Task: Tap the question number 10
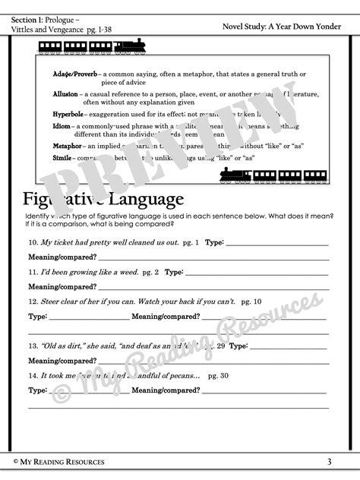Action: click(33, 242)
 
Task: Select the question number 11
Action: click(33, 271)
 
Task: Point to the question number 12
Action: click(33, 301)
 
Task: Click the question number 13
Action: click(33, 345)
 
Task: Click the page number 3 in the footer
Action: click(329, 461)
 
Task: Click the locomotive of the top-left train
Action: click(131, 46)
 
